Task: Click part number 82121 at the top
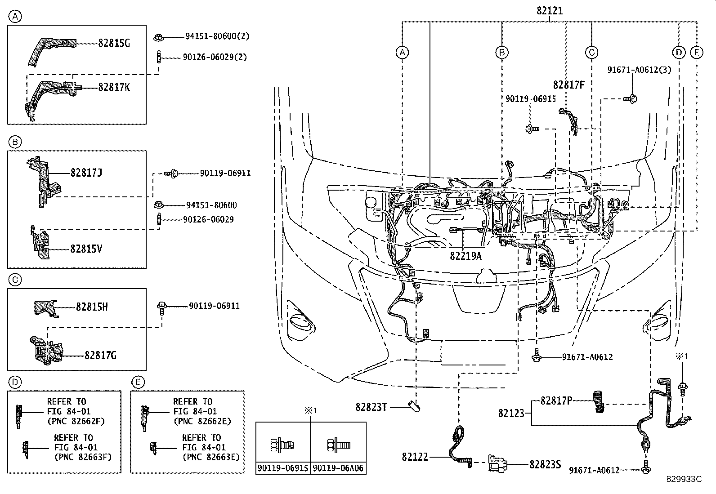tap(549, 11)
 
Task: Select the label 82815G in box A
tap(114, 43)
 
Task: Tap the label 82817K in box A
tap(114, 87)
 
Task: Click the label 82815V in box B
tap(86, 249)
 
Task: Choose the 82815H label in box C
tap(92, 307)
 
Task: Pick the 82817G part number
tap(100, 356)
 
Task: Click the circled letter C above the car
tap(591, 53)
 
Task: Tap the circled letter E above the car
tap(696, 53)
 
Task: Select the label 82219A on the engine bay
tap(465, 256)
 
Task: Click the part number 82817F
tap(568, 85)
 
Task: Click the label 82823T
tap(371, 407)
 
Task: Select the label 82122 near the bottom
tap(415, 457)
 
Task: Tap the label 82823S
tap(545, 464)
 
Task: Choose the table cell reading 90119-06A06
tap(338, 468)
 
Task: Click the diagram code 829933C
tap(684, 479)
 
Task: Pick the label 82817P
tap(556, 401)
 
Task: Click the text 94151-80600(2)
tap(217, 36)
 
